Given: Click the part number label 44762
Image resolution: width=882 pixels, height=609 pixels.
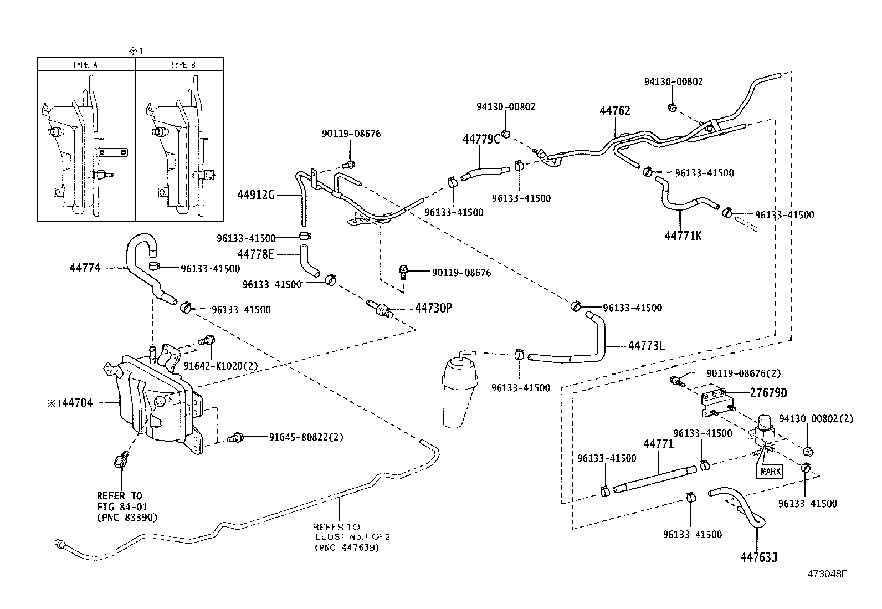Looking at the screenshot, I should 614,111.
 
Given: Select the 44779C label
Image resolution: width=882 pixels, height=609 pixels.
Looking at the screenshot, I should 481,139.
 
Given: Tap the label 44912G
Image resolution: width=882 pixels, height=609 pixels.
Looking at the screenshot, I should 256,195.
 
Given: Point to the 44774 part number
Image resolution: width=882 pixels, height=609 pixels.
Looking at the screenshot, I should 85,268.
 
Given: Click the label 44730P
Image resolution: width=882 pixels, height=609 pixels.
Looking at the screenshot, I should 434,308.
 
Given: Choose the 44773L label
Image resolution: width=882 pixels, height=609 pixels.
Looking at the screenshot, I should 646,346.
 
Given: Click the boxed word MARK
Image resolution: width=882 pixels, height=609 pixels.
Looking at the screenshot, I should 771,472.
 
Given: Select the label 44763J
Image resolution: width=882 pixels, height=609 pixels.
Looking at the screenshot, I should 758,557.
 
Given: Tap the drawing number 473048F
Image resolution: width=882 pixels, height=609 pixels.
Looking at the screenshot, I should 827,574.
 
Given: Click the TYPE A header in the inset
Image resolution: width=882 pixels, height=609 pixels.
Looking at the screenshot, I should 85,65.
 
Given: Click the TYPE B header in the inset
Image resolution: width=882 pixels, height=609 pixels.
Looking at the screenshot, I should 182,65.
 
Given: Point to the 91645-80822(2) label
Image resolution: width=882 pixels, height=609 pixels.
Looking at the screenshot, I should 306,437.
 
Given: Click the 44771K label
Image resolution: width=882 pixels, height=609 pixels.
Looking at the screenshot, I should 683,236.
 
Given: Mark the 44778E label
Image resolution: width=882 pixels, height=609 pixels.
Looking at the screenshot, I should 255,254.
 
